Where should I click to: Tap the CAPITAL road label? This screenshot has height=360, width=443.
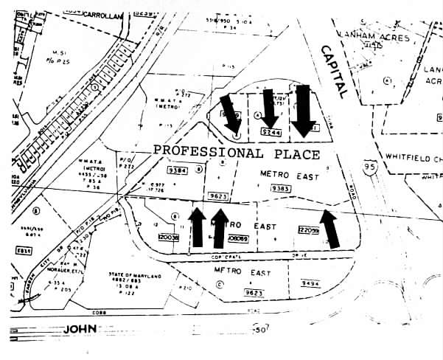click(334, 71)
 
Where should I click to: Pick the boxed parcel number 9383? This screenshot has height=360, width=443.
click(281, 188)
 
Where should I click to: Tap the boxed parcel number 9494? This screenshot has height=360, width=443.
click(311, 282)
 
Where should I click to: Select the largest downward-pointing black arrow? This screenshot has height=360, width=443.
click(302, 112)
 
